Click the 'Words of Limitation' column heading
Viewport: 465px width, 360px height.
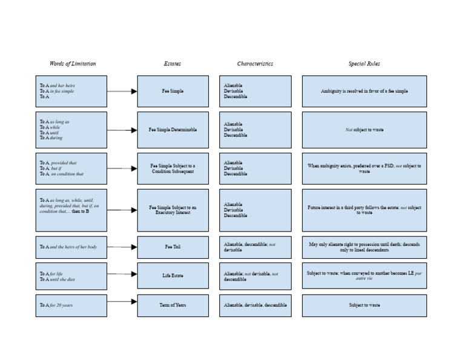[73, 64]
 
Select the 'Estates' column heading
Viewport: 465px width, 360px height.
[172, 64]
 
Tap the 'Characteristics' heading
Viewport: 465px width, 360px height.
[255, 64]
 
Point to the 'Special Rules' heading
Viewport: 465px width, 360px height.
[364, 64]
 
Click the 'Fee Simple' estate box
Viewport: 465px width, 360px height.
[173, 92]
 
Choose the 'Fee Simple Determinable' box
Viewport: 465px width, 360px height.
[173, 130]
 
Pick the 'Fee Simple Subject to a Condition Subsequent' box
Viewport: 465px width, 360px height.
[173, 168]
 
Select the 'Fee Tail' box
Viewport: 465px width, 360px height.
[173, 247]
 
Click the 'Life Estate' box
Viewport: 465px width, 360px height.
[173, 276]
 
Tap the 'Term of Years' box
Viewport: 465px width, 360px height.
[173, 305]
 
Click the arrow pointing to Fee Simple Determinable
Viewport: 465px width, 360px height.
[122, 130]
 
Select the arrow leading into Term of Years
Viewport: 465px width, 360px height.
[122, 301]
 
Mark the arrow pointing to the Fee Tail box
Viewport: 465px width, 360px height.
[122, 247]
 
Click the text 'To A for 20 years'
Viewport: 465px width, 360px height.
[56, 305]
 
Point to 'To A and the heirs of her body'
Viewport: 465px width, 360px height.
[68, 247]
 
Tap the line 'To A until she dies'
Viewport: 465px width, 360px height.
[59, 279]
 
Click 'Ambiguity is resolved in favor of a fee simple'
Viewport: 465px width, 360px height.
[364, 92]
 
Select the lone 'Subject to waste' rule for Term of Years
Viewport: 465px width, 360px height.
[364, 305]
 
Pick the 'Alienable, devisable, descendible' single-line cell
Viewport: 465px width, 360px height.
[255, 305]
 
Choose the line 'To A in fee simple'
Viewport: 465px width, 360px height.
[57, 92]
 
